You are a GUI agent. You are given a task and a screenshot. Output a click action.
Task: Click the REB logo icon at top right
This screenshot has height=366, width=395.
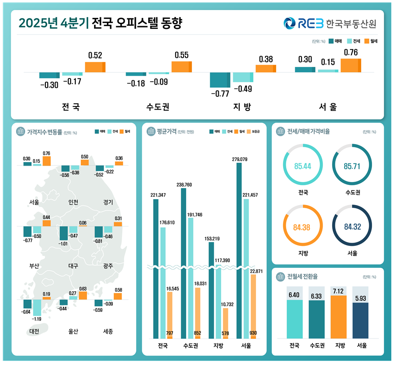290,23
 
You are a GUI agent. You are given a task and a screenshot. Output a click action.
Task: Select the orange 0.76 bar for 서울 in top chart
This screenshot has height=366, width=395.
351,65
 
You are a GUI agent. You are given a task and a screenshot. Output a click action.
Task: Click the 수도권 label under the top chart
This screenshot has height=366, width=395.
158,107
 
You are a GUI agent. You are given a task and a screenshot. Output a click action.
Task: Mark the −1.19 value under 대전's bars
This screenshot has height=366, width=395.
37,319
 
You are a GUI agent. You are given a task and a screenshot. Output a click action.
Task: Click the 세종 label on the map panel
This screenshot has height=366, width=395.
108,331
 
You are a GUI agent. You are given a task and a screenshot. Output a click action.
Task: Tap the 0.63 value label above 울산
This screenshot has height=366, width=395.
83,288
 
